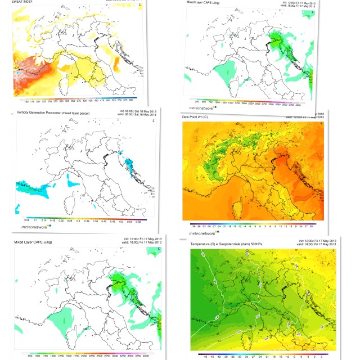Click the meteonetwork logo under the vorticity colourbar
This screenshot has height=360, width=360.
(38, 227)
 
